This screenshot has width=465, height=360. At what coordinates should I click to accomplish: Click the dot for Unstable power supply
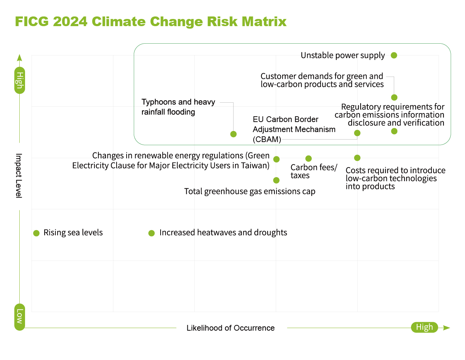(394, 55)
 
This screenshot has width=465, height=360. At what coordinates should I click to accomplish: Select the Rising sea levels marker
(36, 233)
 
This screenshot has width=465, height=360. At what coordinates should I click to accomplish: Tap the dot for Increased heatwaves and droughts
(152, 233)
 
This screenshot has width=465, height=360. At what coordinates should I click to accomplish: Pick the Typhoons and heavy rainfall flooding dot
(234, 134)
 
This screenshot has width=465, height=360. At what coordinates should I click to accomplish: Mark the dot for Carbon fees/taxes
(309, 159)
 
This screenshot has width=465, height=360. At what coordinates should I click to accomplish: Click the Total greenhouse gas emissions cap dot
(276, 180)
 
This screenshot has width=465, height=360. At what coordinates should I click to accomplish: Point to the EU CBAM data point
(357, 133)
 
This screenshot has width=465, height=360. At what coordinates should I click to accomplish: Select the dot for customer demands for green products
(394, 97)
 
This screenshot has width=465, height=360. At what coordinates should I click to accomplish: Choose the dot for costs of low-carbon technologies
(357, 158)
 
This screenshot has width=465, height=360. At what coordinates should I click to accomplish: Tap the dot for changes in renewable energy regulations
(276, 159)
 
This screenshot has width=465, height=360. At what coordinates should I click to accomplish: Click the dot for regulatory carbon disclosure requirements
(394, 131)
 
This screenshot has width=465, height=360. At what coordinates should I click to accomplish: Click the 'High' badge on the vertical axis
(20, 80)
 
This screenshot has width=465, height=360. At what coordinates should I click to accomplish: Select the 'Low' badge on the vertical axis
(20, 317)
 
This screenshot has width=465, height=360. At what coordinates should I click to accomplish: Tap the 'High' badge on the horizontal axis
(424, 327)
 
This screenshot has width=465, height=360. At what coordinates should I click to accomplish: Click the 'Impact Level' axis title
(19, 175)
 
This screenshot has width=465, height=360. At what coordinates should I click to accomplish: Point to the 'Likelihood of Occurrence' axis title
(230, 328)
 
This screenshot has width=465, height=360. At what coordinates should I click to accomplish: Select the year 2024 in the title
(70, 21)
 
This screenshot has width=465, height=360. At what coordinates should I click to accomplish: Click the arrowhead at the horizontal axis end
(446, 328)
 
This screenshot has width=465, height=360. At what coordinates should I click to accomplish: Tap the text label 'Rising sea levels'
(73, 233)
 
